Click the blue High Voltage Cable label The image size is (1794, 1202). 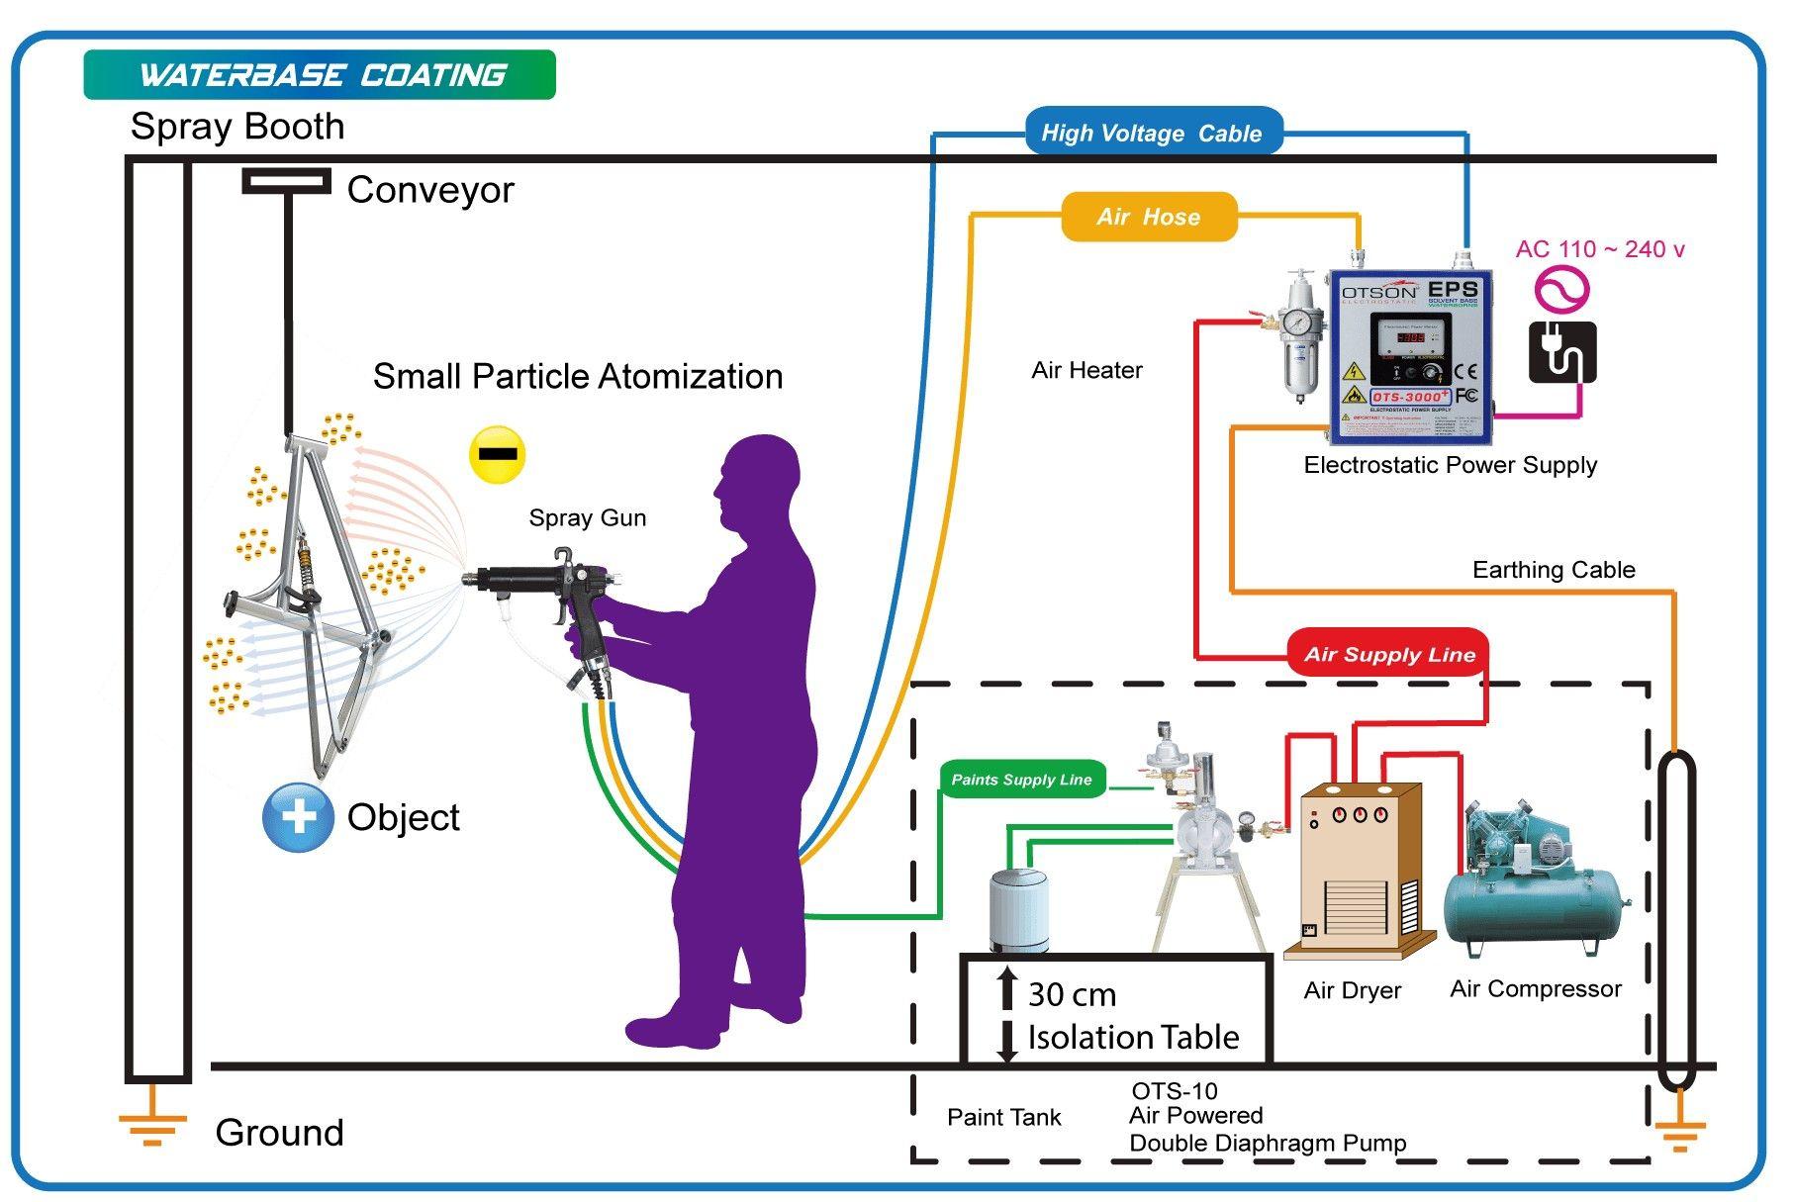(1151, 133)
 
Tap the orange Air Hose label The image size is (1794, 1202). (1149, 217)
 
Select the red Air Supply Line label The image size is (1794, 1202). (1388, 654)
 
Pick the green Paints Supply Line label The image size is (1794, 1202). (1021, 780)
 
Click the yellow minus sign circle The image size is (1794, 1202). (497, 455)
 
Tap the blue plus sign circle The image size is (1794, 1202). (298, 816)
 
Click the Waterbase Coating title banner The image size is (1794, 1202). (320, 75)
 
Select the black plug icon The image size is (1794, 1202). (1561, 352)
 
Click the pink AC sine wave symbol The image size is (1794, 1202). (1561, 290)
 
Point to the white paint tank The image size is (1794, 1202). (1018, 910)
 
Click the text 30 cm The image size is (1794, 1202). (1072, 994)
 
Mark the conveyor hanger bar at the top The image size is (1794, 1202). (286, 181)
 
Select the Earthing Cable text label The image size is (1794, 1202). (1553, 570)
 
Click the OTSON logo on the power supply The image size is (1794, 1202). (1378, 292)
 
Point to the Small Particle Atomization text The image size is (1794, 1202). (577, 377)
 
